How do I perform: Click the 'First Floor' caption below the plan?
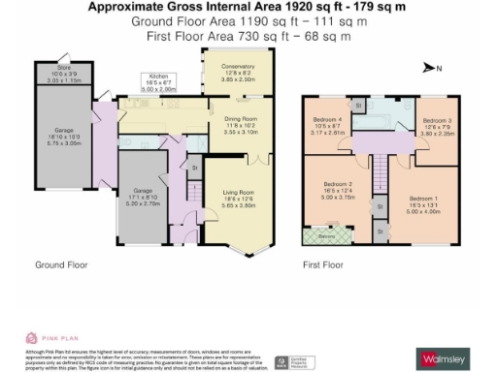[325, 263]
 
